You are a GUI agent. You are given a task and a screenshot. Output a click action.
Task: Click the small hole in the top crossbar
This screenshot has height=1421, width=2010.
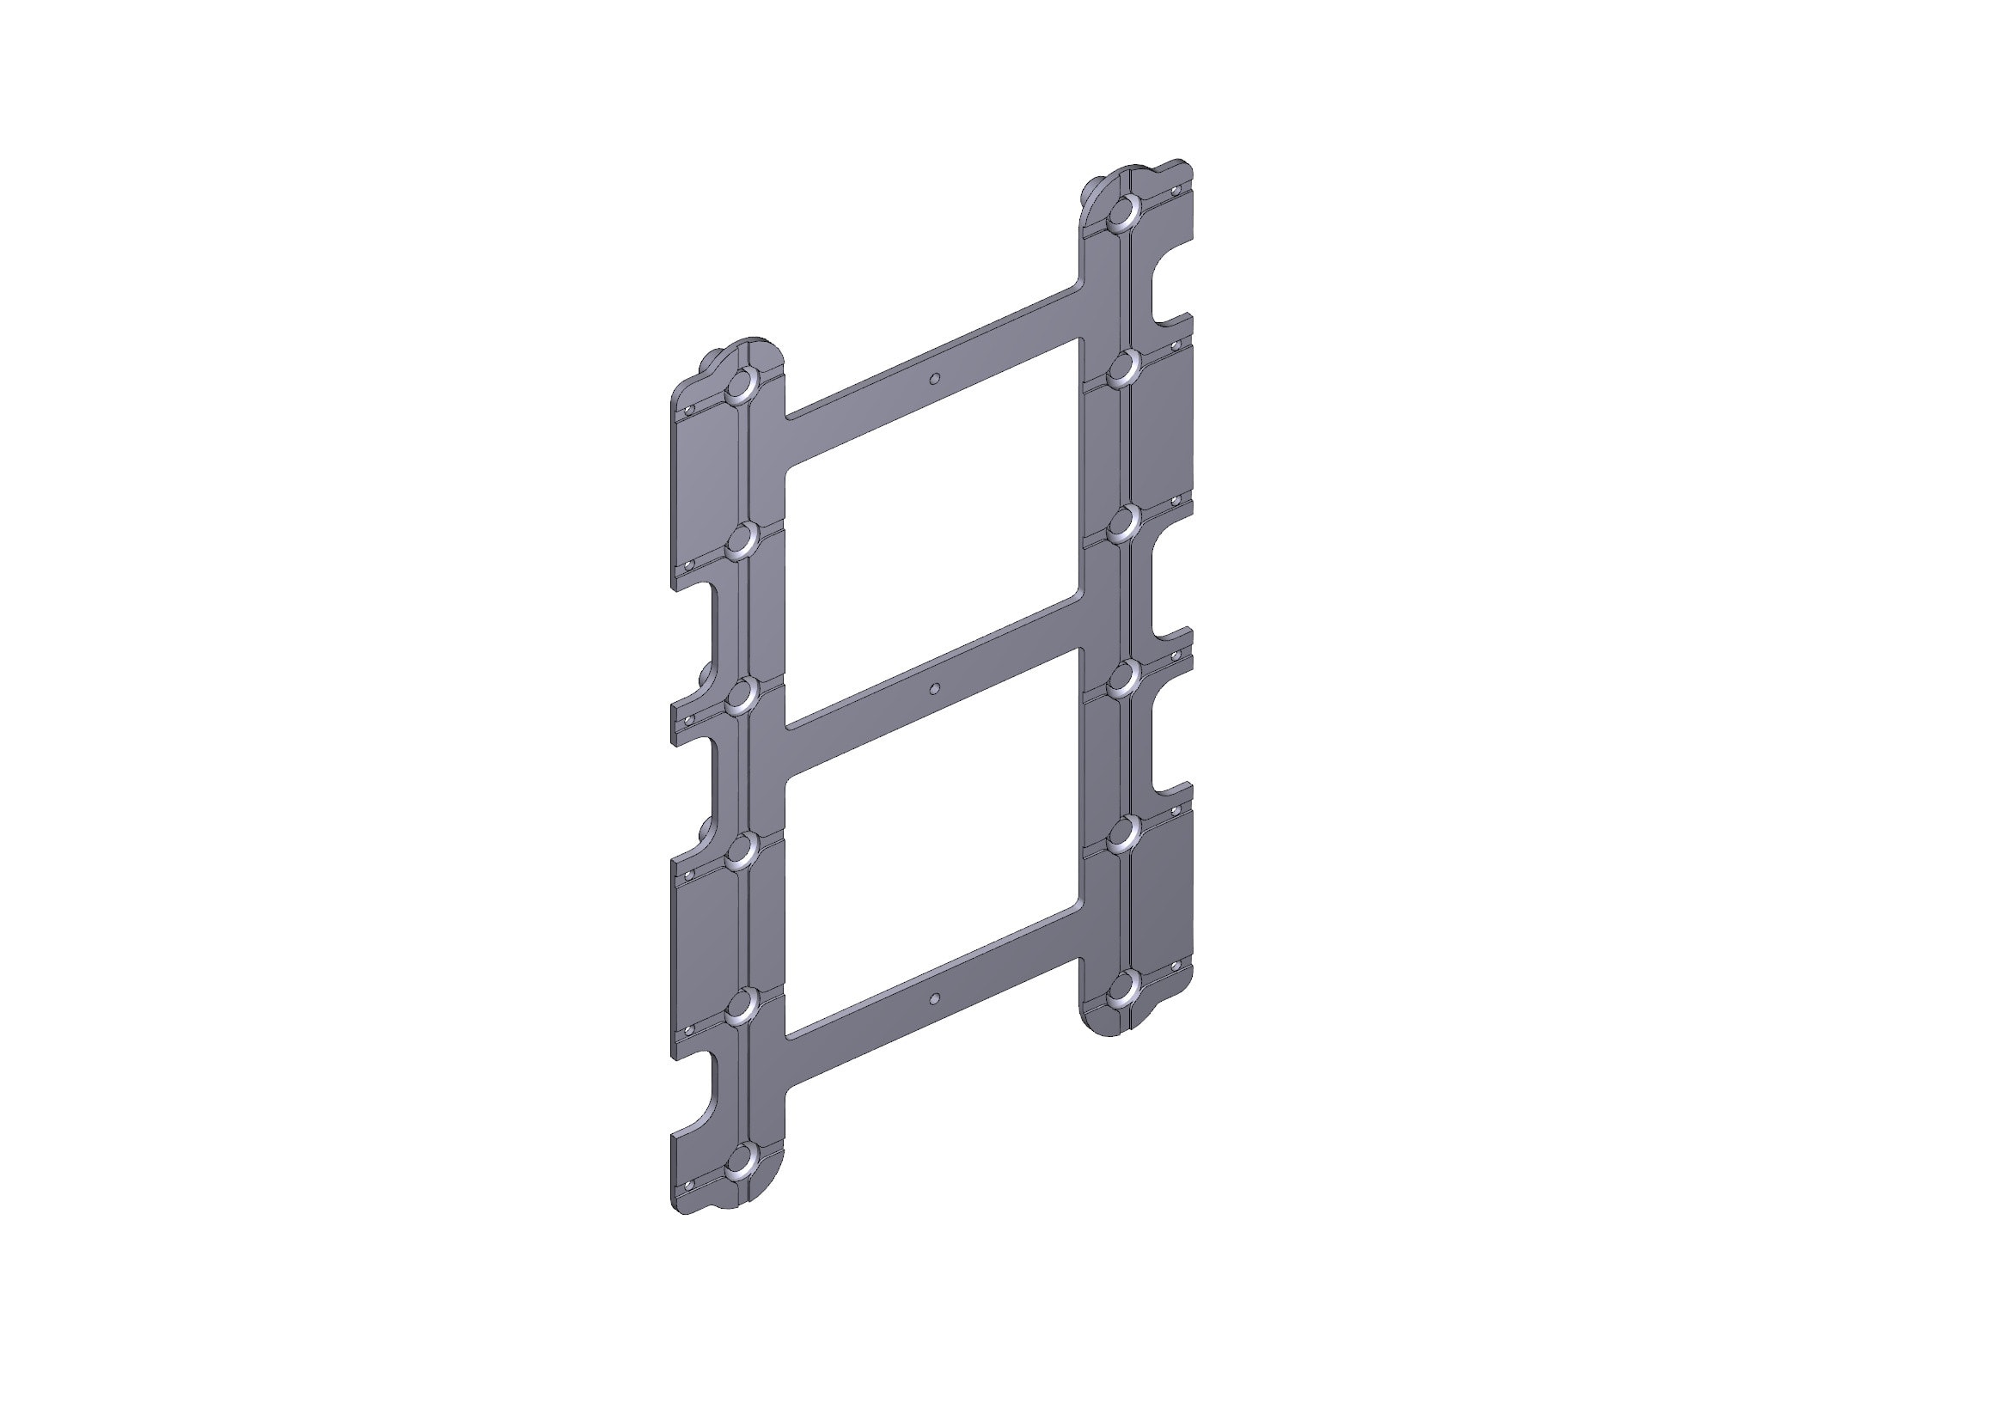934,378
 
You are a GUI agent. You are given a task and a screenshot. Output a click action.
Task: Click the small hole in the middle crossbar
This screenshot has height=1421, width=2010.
934,689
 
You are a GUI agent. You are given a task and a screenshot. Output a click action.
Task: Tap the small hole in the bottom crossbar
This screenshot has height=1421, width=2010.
934,997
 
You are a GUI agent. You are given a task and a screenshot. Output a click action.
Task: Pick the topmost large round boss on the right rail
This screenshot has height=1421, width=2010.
1124,212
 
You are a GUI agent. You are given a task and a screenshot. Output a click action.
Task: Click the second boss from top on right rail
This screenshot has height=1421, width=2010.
1124,368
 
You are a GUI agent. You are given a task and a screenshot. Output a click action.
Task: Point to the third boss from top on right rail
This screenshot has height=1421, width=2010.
1124,522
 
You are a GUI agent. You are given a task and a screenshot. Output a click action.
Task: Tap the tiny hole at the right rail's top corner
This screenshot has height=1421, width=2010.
1176,188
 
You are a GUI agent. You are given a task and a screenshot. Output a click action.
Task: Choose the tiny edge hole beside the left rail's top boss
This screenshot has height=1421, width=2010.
689,409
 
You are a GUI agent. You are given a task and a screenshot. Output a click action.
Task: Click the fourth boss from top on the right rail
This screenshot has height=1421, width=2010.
1124,677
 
